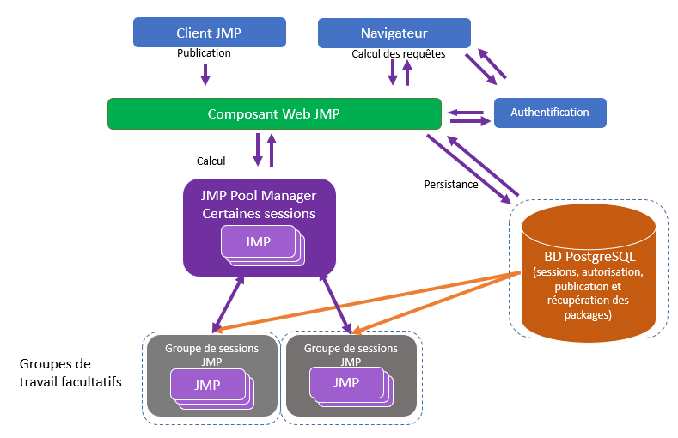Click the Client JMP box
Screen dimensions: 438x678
tap(209, 33)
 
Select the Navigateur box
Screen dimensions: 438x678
tap(394, 33)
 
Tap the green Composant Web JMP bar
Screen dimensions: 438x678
tap(274, 113)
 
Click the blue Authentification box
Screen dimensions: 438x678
tap(550, 113)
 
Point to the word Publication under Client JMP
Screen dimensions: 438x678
tap(204, 53)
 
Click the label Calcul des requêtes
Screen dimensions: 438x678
tap(399, 53)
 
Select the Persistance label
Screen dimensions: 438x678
tap(451, 185)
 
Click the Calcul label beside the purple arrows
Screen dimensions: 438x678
tap(211, 161)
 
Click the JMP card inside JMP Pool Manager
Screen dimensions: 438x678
tap(257, 241)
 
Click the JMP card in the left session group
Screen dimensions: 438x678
tap(206, 385)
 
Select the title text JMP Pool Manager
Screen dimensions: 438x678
tap(259, 195)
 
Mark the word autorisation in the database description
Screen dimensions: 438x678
tap(612, 272)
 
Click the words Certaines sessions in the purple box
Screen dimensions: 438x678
tap(259, 213)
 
